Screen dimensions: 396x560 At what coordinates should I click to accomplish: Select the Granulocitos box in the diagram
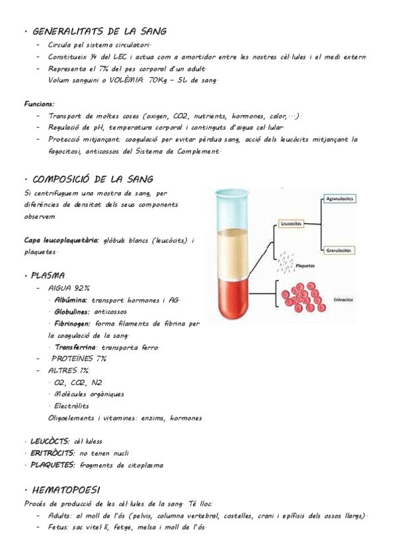[x=341, y=250]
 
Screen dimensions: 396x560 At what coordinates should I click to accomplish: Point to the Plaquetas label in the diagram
[x=305, y=265]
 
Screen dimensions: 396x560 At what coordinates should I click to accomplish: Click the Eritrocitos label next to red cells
[x=344, y=298]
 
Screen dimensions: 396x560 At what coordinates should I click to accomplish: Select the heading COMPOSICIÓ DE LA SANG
[x=93, y=179]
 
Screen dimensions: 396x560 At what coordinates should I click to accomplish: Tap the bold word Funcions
[x=40, y=104]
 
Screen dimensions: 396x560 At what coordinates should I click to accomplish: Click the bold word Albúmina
[x=71, y=300]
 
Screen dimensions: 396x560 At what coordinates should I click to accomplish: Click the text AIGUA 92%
[x=69, y=288]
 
